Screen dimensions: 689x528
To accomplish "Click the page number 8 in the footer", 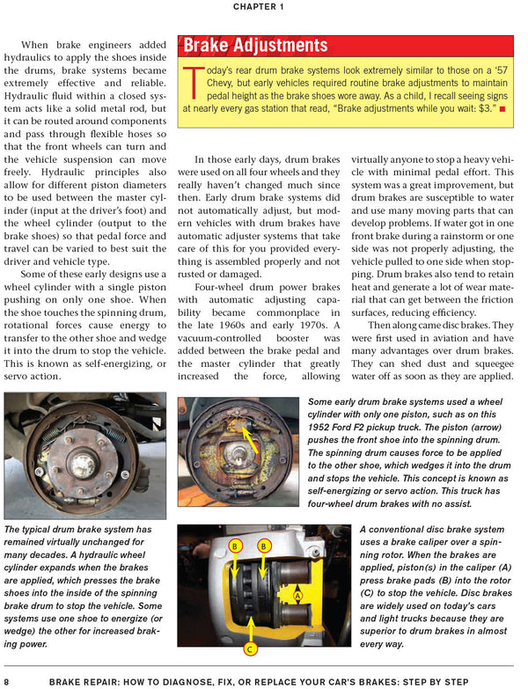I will coord(7,681).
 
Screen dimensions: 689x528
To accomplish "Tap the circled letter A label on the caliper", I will coord(297,596).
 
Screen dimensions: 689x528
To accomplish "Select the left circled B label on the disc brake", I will coord(235,546).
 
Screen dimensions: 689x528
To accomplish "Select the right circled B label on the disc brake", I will coord(263,546).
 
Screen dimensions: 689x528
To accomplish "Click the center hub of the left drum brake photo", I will coord(84,458).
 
